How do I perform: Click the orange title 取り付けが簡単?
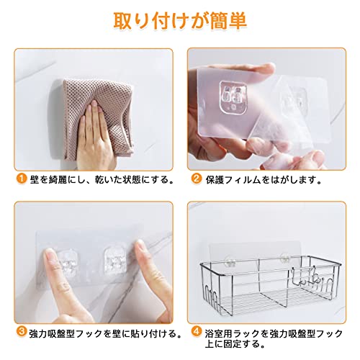pyautogui.click(x=180, y=21)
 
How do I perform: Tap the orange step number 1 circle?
pyautogui.click(x=22, y=179)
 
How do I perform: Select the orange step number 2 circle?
pyautogui.click(x=197, y=179)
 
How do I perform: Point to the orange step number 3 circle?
pyautogui.click(x=22, y=332)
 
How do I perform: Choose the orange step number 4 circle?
pyautogui.click(x=197, y=332)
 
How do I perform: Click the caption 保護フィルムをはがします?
pyautogui.click(x=264, y=179)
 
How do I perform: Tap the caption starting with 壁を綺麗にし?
pyautogui.click(x=102, y=179)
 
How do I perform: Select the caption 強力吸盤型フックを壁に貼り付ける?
pyautogui.click(x=105, y=333)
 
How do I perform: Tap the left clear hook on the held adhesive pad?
pyautogui.click(x=233, y=98)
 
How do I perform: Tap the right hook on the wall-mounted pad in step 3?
pyautogui.click(x=114, y=261)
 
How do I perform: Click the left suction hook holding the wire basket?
pyautogui.click(x=230, y=261)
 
